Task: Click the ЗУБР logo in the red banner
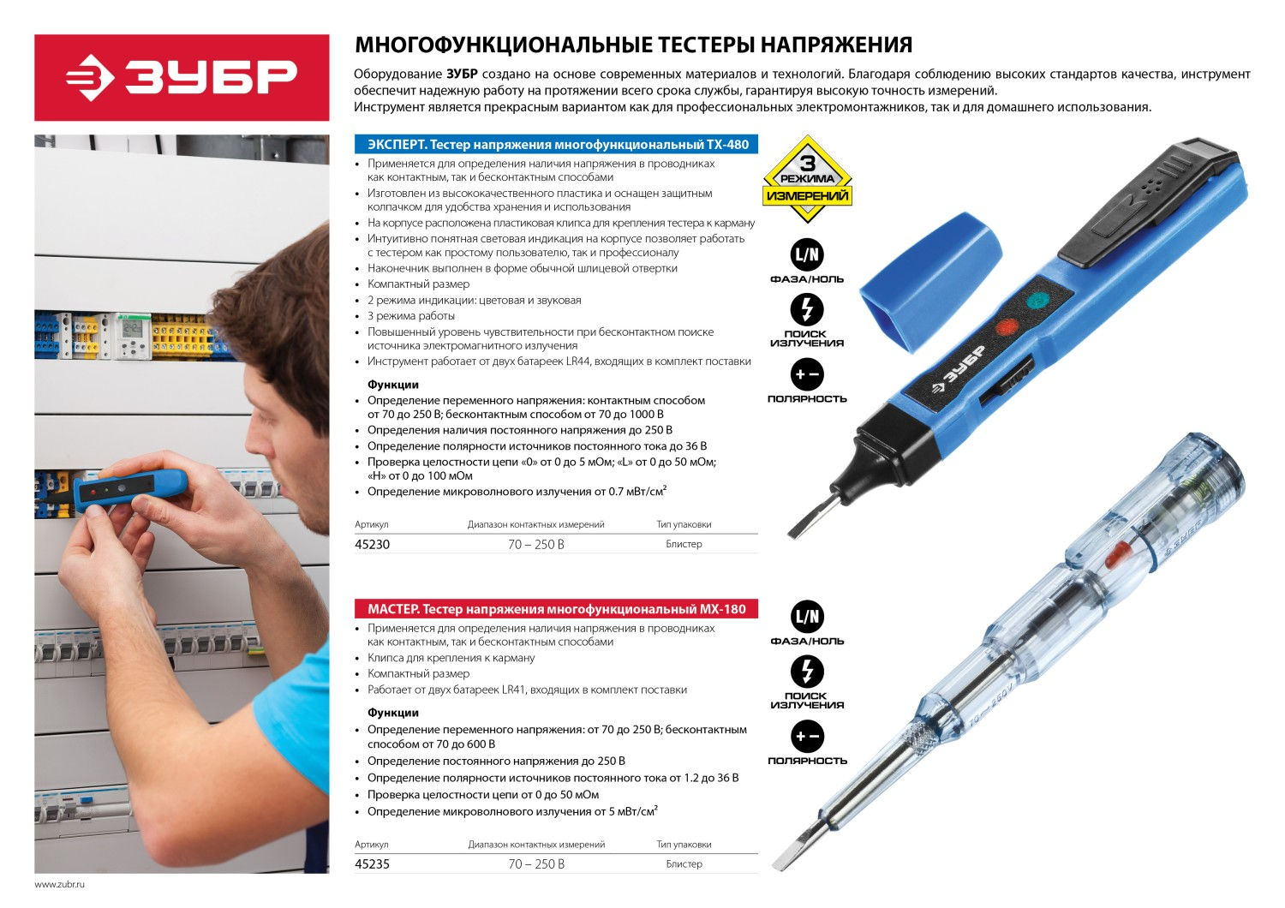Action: pyautogui.click(x=182, y=78)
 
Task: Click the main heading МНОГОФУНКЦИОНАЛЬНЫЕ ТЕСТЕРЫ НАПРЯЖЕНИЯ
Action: pyautogui.click(x=634, y=45)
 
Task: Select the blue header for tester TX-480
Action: pyautogui.click(x=556, y=145)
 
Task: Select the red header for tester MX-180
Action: pyautogui.click(x=556, y=609)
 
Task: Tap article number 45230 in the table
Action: pyautogui.click(x=372, y=545)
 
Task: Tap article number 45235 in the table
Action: pyautogui.click(x=372, y=864)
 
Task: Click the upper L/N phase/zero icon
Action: pyautogui.click(x=807, y=254)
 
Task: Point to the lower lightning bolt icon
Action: pyautogui.click(x=807, y=672)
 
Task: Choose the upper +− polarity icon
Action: pyautogui.click(x=807, y=374)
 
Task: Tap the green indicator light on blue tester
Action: pyautogui.click(x=1037, y=300)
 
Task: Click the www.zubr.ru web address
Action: pyautogui.click(x=60, y=884)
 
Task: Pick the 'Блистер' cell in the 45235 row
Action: pyautogui.click(x=684, y=864)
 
